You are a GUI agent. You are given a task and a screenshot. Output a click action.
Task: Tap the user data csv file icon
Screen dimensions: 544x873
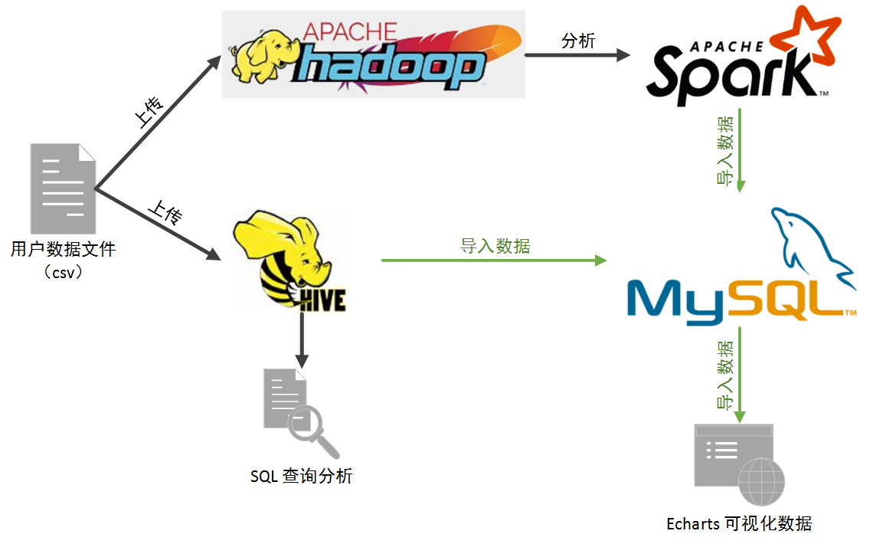coord(63,188)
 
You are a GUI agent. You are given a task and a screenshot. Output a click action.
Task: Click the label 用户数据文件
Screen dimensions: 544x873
coord(63,249)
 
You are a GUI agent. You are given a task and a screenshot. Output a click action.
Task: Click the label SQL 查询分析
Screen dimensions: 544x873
coord(302,476)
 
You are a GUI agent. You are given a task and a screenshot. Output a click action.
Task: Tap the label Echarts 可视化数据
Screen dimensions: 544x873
coord(739,524)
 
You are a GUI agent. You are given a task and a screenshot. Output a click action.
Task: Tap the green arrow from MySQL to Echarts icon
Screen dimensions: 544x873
coord(740,375)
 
